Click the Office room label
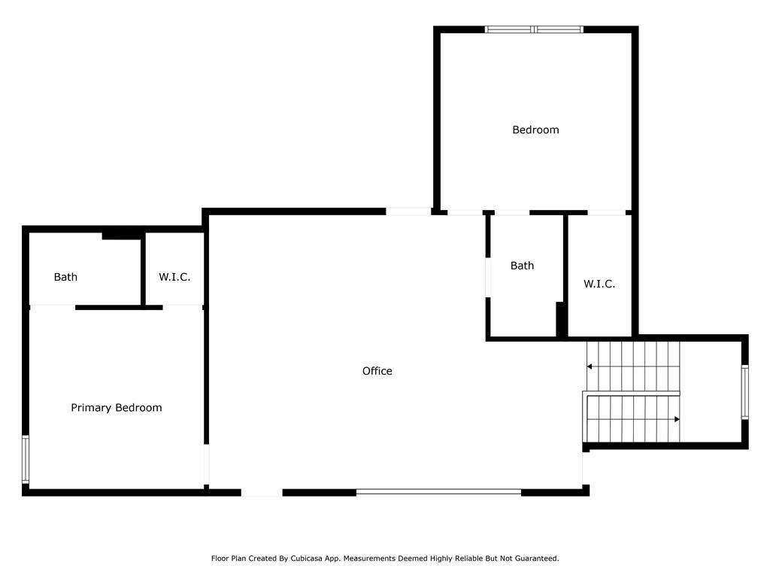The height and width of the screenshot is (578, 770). coord(377,371)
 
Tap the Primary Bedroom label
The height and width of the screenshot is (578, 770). coord(117,407)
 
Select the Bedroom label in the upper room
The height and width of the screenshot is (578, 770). coord(535,129)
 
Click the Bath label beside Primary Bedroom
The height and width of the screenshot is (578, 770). coord(65,277)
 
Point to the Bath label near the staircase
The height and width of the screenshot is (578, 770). coord(522,266)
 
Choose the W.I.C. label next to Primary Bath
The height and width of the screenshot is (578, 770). coord(174,277)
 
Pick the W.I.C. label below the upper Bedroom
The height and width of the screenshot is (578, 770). coord(599,284)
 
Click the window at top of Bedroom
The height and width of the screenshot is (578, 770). coord(535,29)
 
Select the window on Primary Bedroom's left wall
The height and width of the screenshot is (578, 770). coord(26,459)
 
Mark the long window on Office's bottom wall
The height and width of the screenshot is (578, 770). coord(438,491)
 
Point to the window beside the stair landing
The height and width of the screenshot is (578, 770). coord(745,391)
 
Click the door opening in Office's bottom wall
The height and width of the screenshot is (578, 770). coord(262,492)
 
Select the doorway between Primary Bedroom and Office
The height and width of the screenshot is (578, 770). coord(207,465)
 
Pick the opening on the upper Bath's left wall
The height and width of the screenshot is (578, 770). coord(488,277)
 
